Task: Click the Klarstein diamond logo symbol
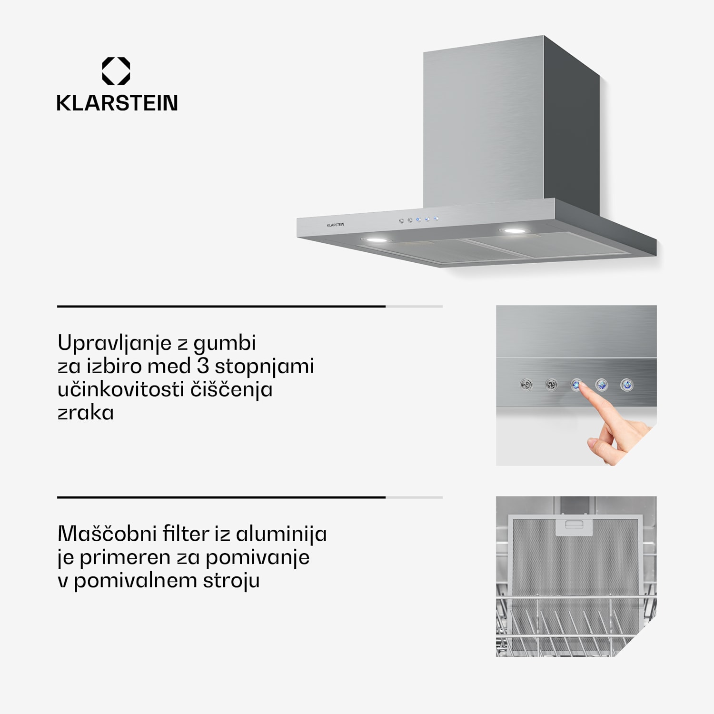tap(116, 71)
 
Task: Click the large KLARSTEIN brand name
tap(117, 103)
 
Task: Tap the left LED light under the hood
tap(377, 239)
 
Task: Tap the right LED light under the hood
tap(512, 231)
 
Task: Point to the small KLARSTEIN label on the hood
tap(335, 225)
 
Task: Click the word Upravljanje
tap(114, 343)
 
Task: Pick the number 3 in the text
tap(203, 366)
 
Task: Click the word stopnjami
tap(264, 367)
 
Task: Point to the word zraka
tap(86, 413)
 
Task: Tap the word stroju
tap(231, 581)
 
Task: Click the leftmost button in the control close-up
tap(526, 385)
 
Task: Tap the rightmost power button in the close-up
tap(627, 385)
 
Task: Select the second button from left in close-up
tap(551, 385)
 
